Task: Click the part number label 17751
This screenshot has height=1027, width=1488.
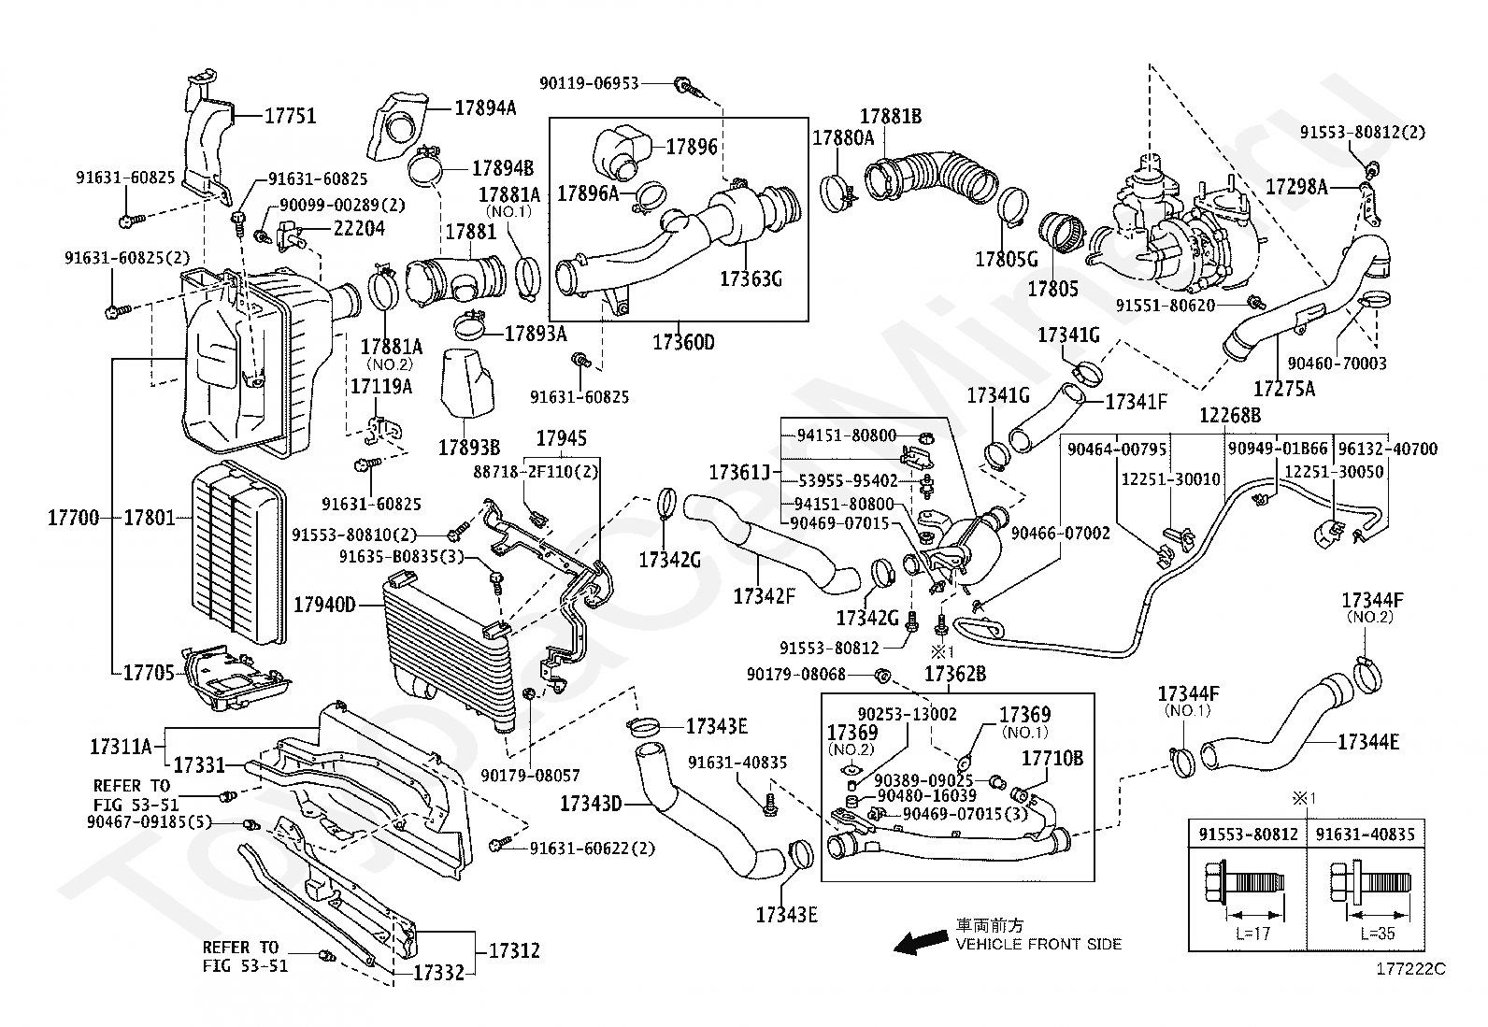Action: click(x=291, y=116)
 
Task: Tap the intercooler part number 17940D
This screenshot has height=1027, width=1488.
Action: click(x=325, y=605)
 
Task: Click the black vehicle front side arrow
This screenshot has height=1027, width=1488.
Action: click(x=921, y=942)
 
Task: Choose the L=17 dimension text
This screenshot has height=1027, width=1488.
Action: click(x=1252, y=934)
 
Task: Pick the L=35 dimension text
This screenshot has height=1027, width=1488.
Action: click(x=1378, y=934)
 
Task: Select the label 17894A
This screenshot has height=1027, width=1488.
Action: click(x=485, y=107)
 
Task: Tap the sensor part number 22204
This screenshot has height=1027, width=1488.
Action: click(x=359, y=229)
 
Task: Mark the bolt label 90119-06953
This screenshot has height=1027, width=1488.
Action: click(x=589, y=83)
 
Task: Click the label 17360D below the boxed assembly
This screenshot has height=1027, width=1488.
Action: click(x=683, y=343)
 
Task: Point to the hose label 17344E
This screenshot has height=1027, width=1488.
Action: click(x=1368, y=742)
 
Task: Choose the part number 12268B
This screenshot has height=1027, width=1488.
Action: click(x=1230, y=415)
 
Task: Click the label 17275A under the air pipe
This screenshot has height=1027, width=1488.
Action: click(x=1284, y=388)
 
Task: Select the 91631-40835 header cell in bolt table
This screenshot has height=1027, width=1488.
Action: click(x=1366, y=834)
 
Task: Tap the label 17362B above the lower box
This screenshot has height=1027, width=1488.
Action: click(x=955, y=675)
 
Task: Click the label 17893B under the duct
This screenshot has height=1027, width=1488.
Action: click(x=469, y=448)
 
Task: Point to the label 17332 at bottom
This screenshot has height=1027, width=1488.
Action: click(x=438, y=973)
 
